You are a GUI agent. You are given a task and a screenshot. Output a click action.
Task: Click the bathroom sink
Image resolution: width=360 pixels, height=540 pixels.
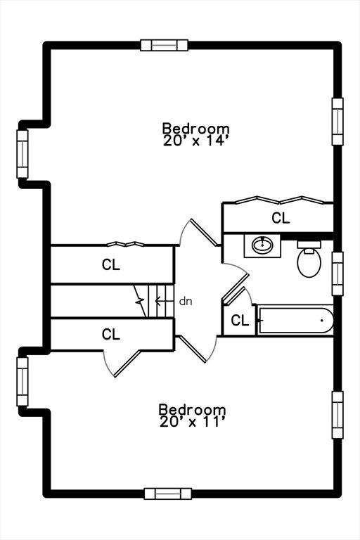tap(262, 245)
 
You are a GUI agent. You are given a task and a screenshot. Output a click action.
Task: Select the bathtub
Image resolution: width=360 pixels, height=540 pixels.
tap(296, 321)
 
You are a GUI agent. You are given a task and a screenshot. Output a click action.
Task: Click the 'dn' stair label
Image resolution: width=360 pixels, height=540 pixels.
tap(186, 302)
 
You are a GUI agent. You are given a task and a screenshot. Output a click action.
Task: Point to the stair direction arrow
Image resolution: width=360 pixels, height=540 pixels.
tap(164, 302)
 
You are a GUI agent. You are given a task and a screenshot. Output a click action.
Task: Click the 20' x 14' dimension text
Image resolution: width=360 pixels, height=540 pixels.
tap(196, 141)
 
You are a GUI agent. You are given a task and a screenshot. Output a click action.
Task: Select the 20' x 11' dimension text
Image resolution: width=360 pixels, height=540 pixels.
tap(192, 422)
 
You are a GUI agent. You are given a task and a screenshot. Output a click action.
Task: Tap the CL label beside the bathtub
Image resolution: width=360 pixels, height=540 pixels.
tap(240, 321)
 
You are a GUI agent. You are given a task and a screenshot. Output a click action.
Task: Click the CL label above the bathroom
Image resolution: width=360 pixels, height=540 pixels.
tap(281, 218)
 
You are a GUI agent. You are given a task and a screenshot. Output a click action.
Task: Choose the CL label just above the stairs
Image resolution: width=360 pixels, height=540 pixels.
tap(111, 264)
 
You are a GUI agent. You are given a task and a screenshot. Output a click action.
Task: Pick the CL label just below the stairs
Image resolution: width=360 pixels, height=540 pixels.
tap(111, 334)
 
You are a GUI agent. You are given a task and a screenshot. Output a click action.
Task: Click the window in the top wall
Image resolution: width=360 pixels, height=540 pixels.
tap(165, 45)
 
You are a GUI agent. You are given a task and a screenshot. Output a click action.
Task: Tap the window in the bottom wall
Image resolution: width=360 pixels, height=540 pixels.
tap(168, 494)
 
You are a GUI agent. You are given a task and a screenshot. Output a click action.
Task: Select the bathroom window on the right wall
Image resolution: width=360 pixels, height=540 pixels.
tap(337, 274)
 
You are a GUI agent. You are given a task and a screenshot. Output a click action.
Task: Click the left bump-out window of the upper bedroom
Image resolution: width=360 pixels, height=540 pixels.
tap(22, 154)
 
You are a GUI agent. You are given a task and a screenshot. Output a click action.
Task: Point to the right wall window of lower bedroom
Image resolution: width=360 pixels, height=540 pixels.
tap(337, 415)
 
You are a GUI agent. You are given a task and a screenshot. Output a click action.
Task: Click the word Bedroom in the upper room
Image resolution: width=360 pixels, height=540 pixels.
tap(196, 129)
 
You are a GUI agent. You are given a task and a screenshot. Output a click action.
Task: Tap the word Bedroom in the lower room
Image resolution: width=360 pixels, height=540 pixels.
tap(192, 409)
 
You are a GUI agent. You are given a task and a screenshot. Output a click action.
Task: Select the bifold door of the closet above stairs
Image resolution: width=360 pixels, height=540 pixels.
tap(125, 244)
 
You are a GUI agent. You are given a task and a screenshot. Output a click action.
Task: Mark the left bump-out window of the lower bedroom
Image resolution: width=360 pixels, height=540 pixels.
tap(22, 381)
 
